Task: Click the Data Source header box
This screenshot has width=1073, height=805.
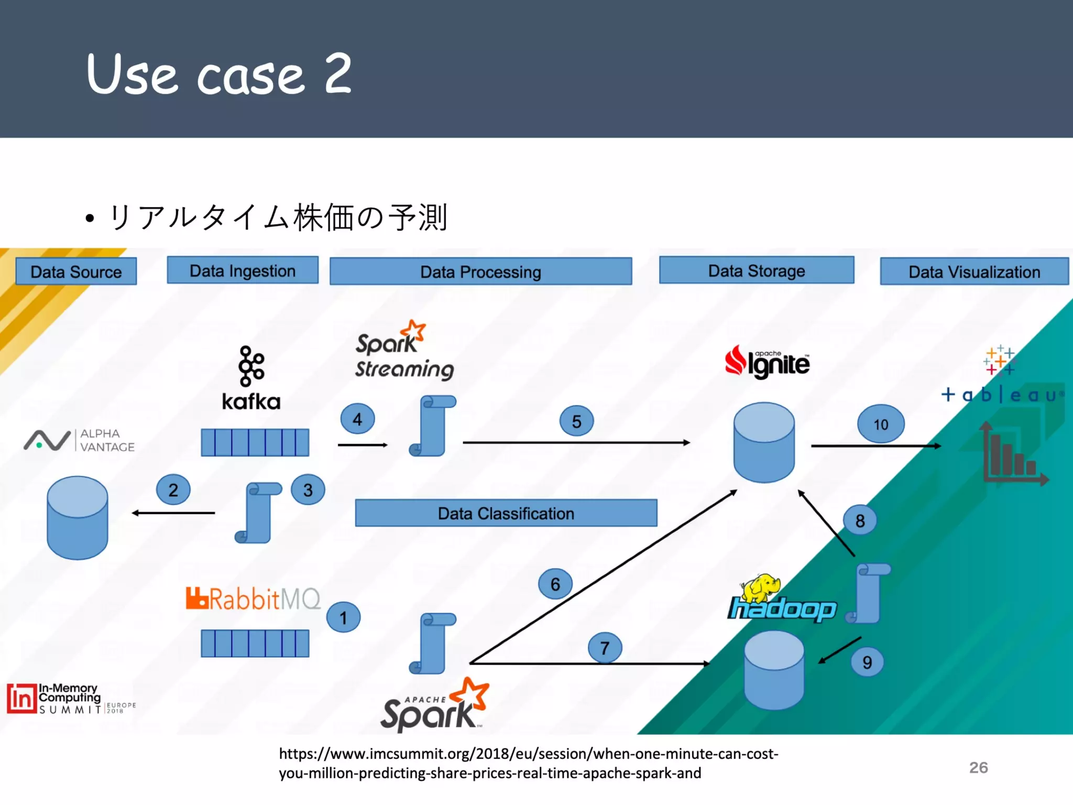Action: tap(76, 271)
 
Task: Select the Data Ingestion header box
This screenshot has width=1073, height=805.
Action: tap(243, 270)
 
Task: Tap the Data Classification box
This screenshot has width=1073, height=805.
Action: tap(506, 513)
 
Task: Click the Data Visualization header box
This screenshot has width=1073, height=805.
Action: tap(974, 271)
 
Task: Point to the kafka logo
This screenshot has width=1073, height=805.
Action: tap(251, 378)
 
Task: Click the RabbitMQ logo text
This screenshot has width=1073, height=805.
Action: tap(254, 599)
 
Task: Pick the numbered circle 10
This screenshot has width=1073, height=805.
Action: tap(881, 424)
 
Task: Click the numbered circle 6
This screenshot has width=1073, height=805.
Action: tap(555, 584)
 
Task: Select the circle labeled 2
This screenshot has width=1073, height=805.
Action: tap(173, 489)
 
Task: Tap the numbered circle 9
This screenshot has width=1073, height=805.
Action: tap(867, 662)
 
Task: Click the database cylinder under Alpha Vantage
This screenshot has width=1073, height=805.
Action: tap(78, 518)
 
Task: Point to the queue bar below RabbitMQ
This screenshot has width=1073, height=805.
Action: tap(255, 643)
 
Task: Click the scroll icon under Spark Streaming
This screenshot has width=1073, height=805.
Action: tap(432, 426)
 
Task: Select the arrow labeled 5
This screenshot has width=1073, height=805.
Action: tap(576, 443)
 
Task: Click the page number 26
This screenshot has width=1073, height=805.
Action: tap(978, 767)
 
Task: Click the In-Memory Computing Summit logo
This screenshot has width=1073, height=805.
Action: tap(71, 699)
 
